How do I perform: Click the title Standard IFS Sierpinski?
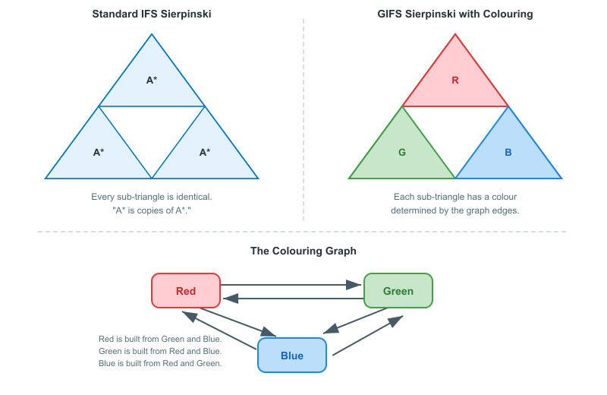pos(152,14)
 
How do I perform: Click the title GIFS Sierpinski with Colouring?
pos(455,14)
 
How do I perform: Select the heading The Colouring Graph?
pos(303,251)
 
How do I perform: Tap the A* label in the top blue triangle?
pos(152,80)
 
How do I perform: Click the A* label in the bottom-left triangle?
pos(99,152)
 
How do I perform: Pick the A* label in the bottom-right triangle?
pos(205,152)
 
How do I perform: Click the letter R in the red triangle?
pos(455,80)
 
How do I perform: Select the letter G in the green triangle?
pos(402,152)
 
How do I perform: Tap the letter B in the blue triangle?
pos(508,152)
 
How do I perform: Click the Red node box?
pos(186,291)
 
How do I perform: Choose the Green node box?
pos(398,291)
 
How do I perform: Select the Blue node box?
pos(292,355)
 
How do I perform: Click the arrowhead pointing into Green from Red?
pos(354,285)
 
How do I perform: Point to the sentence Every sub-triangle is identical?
pos(152,197)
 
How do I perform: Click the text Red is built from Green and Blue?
pos(160,339)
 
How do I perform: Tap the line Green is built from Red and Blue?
pos(160,351)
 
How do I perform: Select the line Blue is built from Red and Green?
pos(160,363)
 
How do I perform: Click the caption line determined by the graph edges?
pos(455,210)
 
